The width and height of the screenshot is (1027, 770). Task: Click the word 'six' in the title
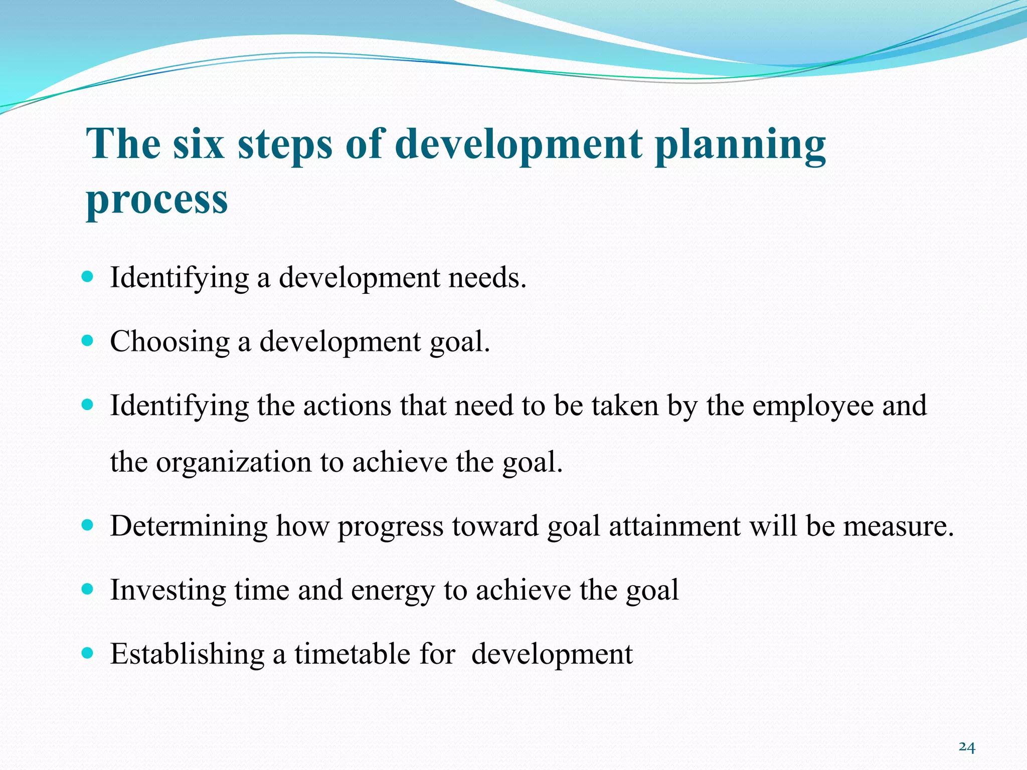pyautogui.click(x=198, y=144)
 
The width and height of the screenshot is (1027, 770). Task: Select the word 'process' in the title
pyautogui.click(x=157, y=200)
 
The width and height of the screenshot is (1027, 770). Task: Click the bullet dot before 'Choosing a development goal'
pyautogui.click(x=87, y=341)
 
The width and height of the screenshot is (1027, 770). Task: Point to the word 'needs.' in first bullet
pyautogui.click(x=487, y=277)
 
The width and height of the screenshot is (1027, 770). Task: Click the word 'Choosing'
pyautogui.click(x=169, y=342)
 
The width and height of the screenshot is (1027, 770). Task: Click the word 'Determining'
pyautogui.click(x=189, y=526)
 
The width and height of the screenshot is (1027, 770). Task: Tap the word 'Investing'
pyautogui.click(x=168, y=590)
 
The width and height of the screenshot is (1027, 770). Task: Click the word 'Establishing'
pyautogui.click(x=187, y=654)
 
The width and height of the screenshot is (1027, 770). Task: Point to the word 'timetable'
pyautogui.click(x=350, y=654)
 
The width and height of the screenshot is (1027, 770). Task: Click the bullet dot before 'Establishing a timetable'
pyautogui.click(x=87, y=653)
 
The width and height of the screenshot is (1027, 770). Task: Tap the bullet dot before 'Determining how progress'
pyautogui.click(x=87, y=525)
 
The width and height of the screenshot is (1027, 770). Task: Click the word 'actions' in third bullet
pyautogui.click(x=347, y=406)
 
